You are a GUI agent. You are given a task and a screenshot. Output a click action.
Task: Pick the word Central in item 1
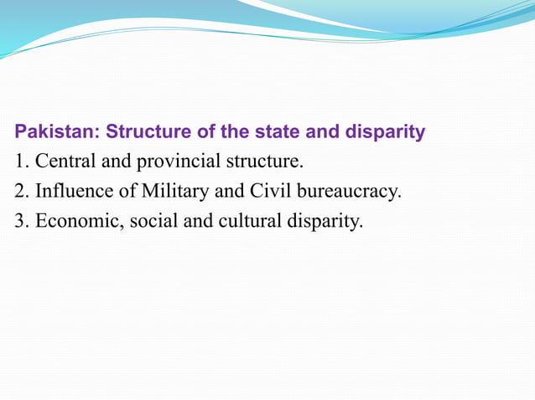coord(66,162)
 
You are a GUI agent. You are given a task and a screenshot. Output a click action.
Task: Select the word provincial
coord(173,162)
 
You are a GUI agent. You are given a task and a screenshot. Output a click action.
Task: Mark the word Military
coord(175,192)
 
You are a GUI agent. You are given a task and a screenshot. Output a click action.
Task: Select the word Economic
coord(75,222)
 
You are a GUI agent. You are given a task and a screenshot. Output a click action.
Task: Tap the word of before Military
coord(127,192)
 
